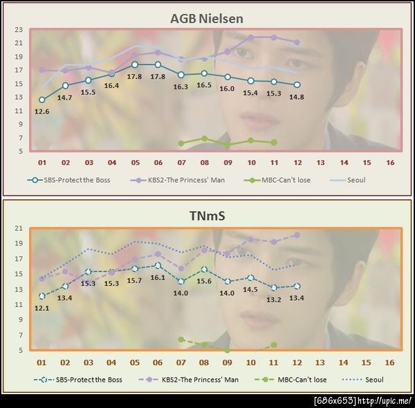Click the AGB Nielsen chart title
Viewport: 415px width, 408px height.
pyautogui.click(x=207, y=19)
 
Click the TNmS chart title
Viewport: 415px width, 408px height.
pyautogui.click(x=207, y=216)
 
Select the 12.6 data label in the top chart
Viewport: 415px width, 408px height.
pyautogui.click(x=42, y=112)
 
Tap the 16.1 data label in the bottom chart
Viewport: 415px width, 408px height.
pyautogui.click(x=158, y=277)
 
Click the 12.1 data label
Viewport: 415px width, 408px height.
pyautogui.click(x=42, y=308)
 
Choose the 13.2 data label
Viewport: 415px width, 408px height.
pyautogui.click(x=274, y=299)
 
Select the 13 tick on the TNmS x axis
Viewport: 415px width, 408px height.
pyautogui.click(x=320, y=362)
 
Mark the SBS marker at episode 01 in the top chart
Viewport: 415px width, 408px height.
pyautogui.click(x=42, y=100)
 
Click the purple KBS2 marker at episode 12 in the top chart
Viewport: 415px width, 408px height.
pyautogui.click(x=297, y=42)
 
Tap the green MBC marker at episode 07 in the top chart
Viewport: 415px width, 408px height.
pyautogui.click(x=181, y=143)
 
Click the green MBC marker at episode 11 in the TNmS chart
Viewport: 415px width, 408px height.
pyautogui.click(x=274, y=345)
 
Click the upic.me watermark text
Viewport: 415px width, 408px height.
pyautogui.click(x=362, y=401)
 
